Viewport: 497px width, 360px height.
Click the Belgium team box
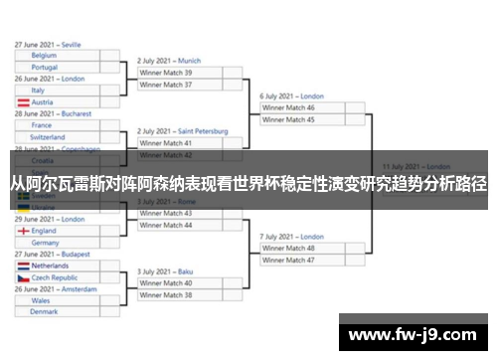point(57,56)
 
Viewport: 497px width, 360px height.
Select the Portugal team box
point(57,67)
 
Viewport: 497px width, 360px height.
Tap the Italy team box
point(57,90)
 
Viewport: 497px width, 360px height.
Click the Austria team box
point(57,101)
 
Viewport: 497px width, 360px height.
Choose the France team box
point(57,125)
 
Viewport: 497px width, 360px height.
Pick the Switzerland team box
point(57,137)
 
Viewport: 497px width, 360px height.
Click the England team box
point(57,230)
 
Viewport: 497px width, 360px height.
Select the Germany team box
point(57,242)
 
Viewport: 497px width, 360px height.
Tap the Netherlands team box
point(57,266)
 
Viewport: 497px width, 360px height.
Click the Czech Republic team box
point(57,277)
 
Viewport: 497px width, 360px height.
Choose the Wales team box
point(57,299)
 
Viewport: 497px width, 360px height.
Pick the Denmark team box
point(57,311)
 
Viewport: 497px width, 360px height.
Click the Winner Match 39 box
point(178,73)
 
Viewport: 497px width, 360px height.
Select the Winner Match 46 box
point(301,107)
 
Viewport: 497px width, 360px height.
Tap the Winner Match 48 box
point(301,248)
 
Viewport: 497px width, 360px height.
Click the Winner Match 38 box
point(178,294)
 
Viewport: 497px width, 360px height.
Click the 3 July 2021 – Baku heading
point(165,270)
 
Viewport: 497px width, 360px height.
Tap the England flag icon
point(24,230)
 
